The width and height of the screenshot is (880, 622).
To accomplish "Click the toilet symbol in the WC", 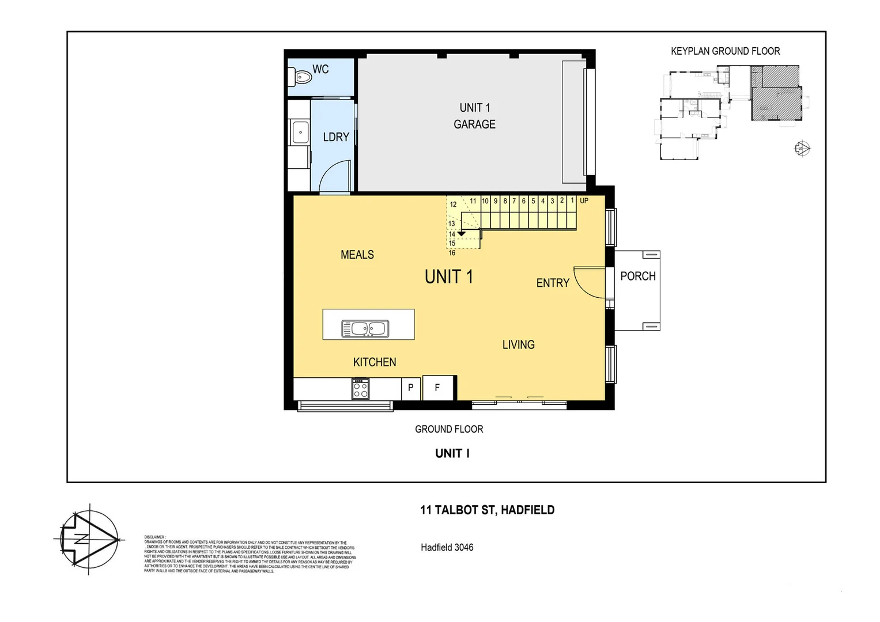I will tap(302, 76).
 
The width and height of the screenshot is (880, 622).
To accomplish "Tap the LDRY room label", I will tap(336, 137).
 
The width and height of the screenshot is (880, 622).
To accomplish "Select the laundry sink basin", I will tap(300, 132).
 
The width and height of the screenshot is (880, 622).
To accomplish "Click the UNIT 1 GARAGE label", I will tap(474, 116).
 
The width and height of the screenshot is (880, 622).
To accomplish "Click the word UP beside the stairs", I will tap(584, 201).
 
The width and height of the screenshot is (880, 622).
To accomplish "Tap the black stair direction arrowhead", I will tap(461, 234).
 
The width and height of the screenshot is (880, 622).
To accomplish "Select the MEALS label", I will tap(357, 255).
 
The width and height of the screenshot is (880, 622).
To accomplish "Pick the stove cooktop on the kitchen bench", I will tap(361, 389).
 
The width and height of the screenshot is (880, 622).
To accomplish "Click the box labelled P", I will tap(410, 388).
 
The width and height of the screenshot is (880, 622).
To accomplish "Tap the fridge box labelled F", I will tap(437, 388).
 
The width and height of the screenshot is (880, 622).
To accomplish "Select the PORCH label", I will tap(637, 276).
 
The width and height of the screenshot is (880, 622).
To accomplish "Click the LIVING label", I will tap(518, 344).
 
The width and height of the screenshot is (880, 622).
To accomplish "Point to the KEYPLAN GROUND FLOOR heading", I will tap(725, 51).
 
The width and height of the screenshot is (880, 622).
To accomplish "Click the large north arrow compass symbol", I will tap(88, 539).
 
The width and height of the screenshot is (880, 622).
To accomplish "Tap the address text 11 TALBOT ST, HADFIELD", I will tap(487, 510).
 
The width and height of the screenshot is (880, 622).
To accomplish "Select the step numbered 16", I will tap(452, 253).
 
